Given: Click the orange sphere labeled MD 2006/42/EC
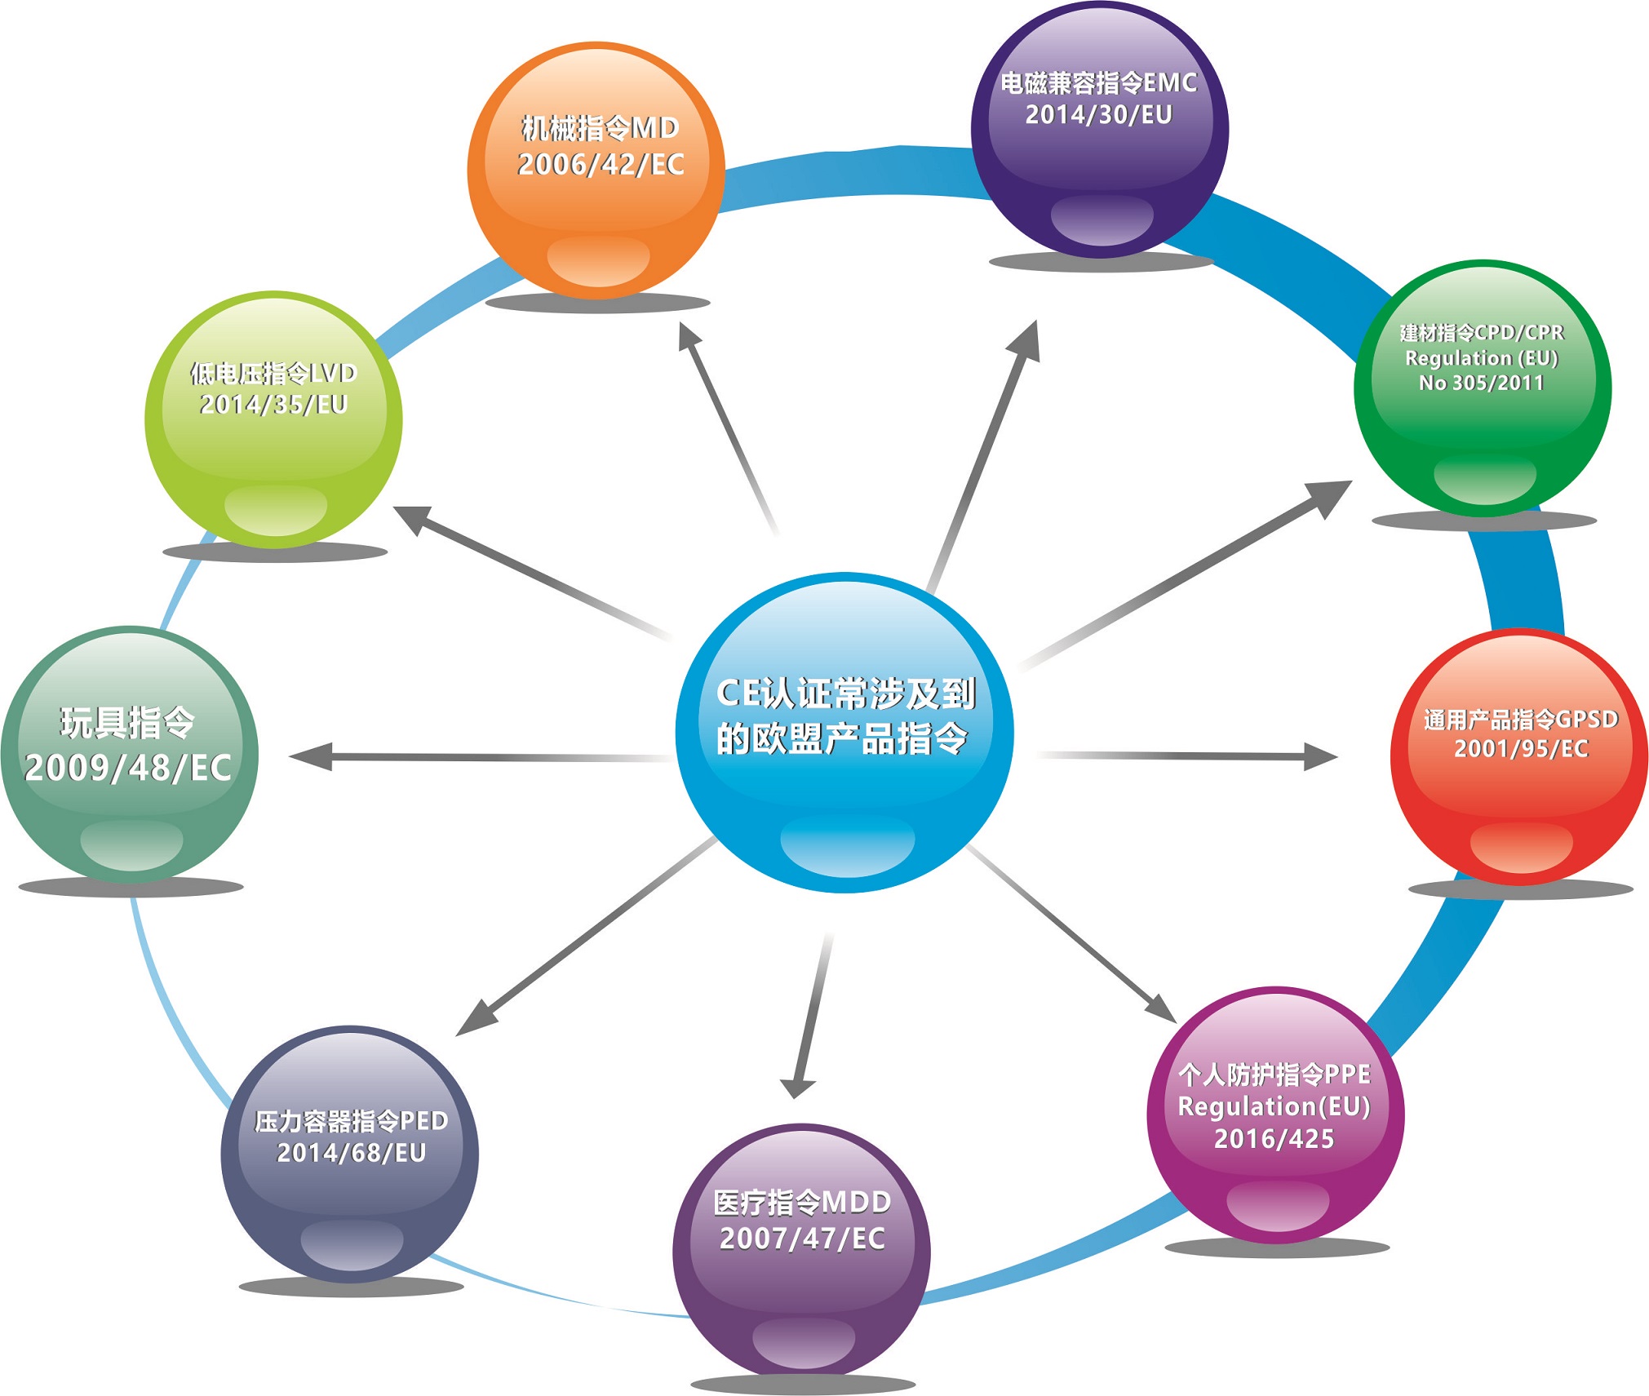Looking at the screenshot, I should click(596, 204).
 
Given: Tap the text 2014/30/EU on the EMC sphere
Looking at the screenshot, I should click(1098, 115).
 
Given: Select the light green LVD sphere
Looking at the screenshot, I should click(273, 457).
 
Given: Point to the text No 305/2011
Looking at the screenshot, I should click(1481, 383).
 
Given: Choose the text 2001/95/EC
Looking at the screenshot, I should click(1521, 749).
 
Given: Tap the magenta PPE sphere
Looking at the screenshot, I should click(1274, 1183).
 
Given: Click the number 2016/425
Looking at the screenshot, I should click(1274, 1139).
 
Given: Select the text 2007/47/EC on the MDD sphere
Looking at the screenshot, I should click(802, 1239).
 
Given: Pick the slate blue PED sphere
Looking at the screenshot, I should click(349, 1199).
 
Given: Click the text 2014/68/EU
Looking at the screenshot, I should click(351, 1153).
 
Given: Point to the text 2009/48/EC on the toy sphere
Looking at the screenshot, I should click(128, 768).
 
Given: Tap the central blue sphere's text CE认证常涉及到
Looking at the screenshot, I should click(845, 694).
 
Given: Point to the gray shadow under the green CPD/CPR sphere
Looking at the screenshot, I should click(1483, 521).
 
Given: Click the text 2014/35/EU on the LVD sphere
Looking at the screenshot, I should click(273, 405).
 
